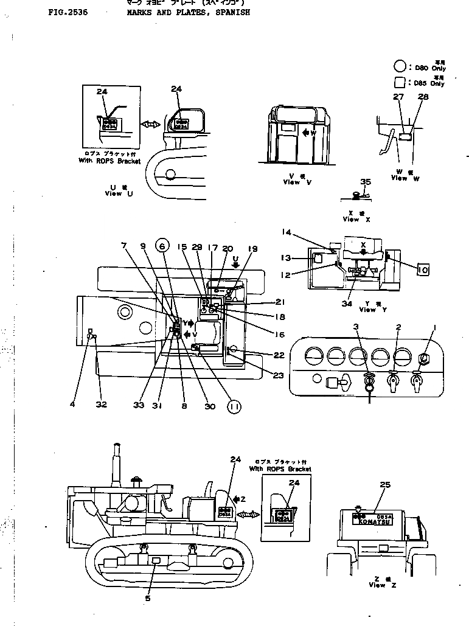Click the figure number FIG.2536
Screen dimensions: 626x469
[x=67, y=12]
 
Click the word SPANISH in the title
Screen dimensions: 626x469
[x=229, y=12]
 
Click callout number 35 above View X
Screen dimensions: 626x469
[x=365, y=181]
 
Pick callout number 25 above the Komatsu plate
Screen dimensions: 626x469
[x=384, y=485]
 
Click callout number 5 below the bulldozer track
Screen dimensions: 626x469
[x=148, y=598]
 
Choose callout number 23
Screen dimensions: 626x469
[x=278, y=375]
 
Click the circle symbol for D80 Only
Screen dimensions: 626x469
[x=400, y=66]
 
